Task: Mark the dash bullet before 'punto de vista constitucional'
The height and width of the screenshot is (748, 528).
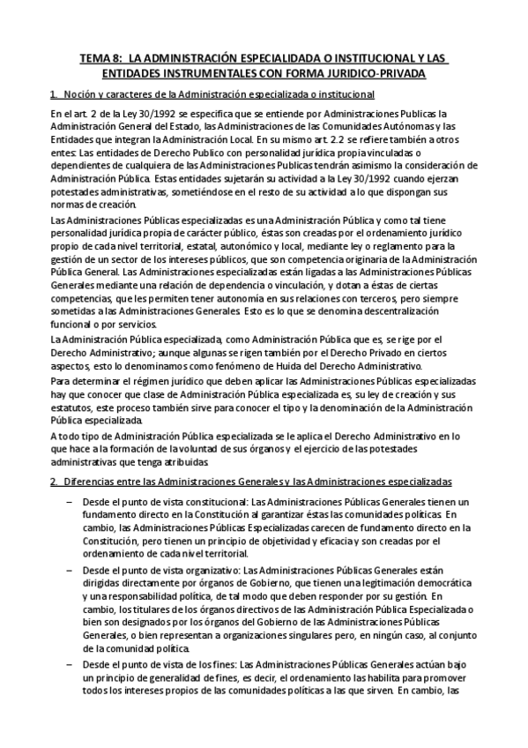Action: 71,502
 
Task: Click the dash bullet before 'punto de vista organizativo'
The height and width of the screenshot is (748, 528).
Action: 71,572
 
